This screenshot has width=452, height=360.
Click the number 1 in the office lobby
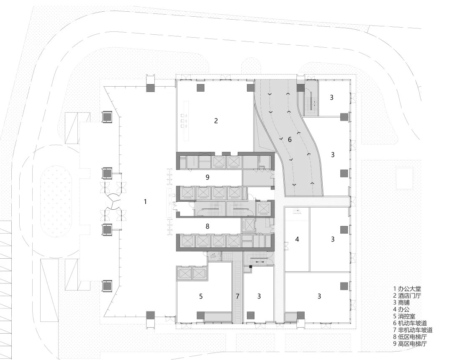pyautogui.click(x=145, y=201)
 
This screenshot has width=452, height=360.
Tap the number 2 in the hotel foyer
pyautogui.click(x=216, y=121)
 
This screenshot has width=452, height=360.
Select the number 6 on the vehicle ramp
pyautogui.click(x=290, y=139)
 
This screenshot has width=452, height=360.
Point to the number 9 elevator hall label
pyautogui.click(x=207, y=177)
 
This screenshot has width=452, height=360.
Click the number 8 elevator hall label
pyautogui.click(x=207, y=226)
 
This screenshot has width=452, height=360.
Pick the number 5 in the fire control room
pyautogui.click(x=201, y=296)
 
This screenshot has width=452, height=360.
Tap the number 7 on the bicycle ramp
pyautogui.click(x=238, y=296)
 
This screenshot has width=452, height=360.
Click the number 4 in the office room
pyautogui.click(x=297, y=239)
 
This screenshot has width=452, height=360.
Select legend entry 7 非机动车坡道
pyautogui.click(x=413, y=330)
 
